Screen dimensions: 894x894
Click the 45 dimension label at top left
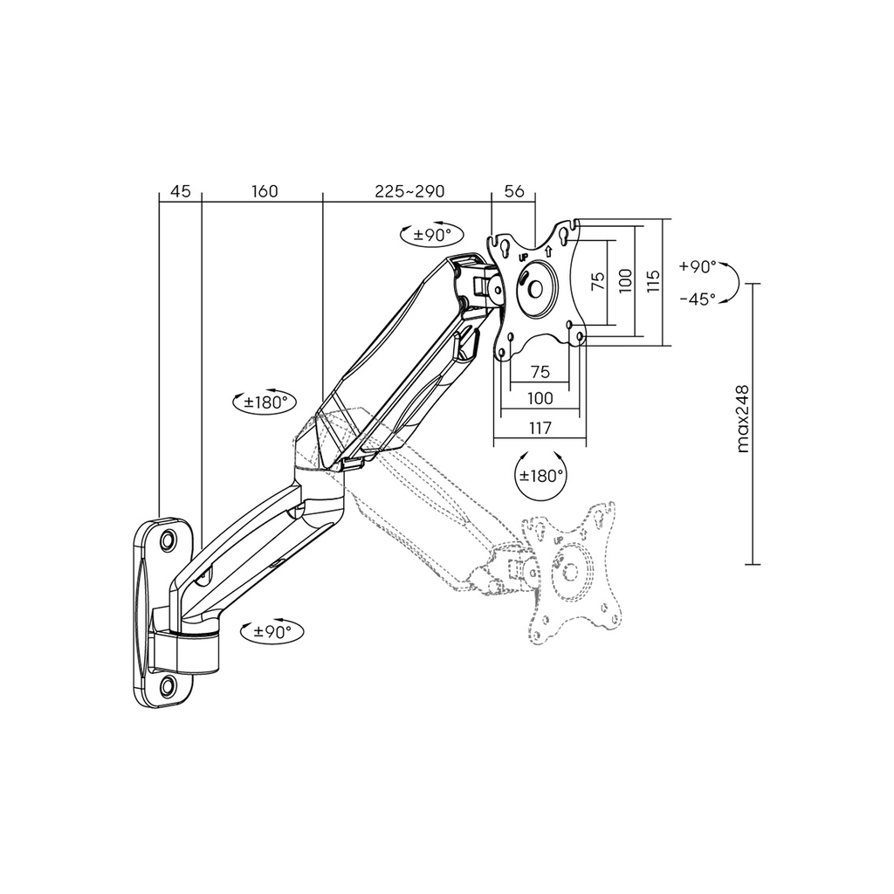(180, 191)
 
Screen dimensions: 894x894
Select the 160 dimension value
(264, 191)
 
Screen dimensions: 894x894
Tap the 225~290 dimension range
(409, 191)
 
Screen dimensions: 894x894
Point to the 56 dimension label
(514, 191)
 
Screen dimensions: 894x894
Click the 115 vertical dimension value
(654, 282)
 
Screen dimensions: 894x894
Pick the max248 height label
(744, 419)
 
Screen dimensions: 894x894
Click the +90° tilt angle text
(698, 266)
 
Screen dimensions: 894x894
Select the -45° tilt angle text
(698, 299)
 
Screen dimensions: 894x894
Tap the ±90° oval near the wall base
(272, 631)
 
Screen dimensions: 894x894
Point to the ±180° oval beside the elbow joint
(265, 402)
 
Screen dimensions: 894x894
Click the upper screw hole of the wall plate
(167, 540)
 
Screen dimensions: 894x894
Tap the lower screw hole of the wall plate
(166, 686)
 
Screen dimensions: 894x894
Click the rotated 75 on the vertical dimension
(597, 281)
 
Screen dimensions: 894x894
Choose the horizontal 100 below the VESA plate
(540, 399)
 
